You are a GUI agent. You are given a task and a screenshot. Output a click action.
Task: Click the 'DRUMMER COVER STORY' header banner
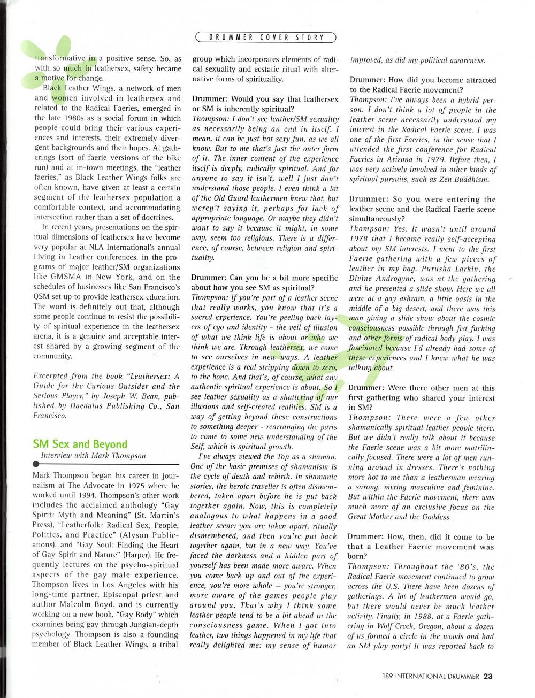(266, 37)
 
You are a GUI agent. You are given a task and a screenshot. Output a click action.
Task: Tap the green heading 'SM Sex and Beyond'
(80, 444)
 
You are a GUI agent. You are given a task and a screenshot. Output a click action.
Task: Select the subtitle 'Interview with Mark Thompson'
(93, 456)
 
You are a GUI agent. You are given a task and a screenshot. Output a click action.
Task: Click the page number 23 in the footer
(488, 676)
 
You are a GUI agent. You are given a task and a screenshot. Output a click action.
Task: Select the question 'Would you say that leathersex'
(265, 99)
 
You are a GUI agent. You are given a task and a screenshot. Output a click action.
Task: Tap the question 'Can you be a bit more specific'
(265, 278)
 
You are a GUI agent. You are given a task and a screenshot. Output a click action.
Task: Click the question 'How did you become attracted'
(423, 80)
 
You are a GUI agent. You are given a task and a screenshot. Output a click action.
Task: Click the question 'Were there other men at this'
(422, 388)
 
